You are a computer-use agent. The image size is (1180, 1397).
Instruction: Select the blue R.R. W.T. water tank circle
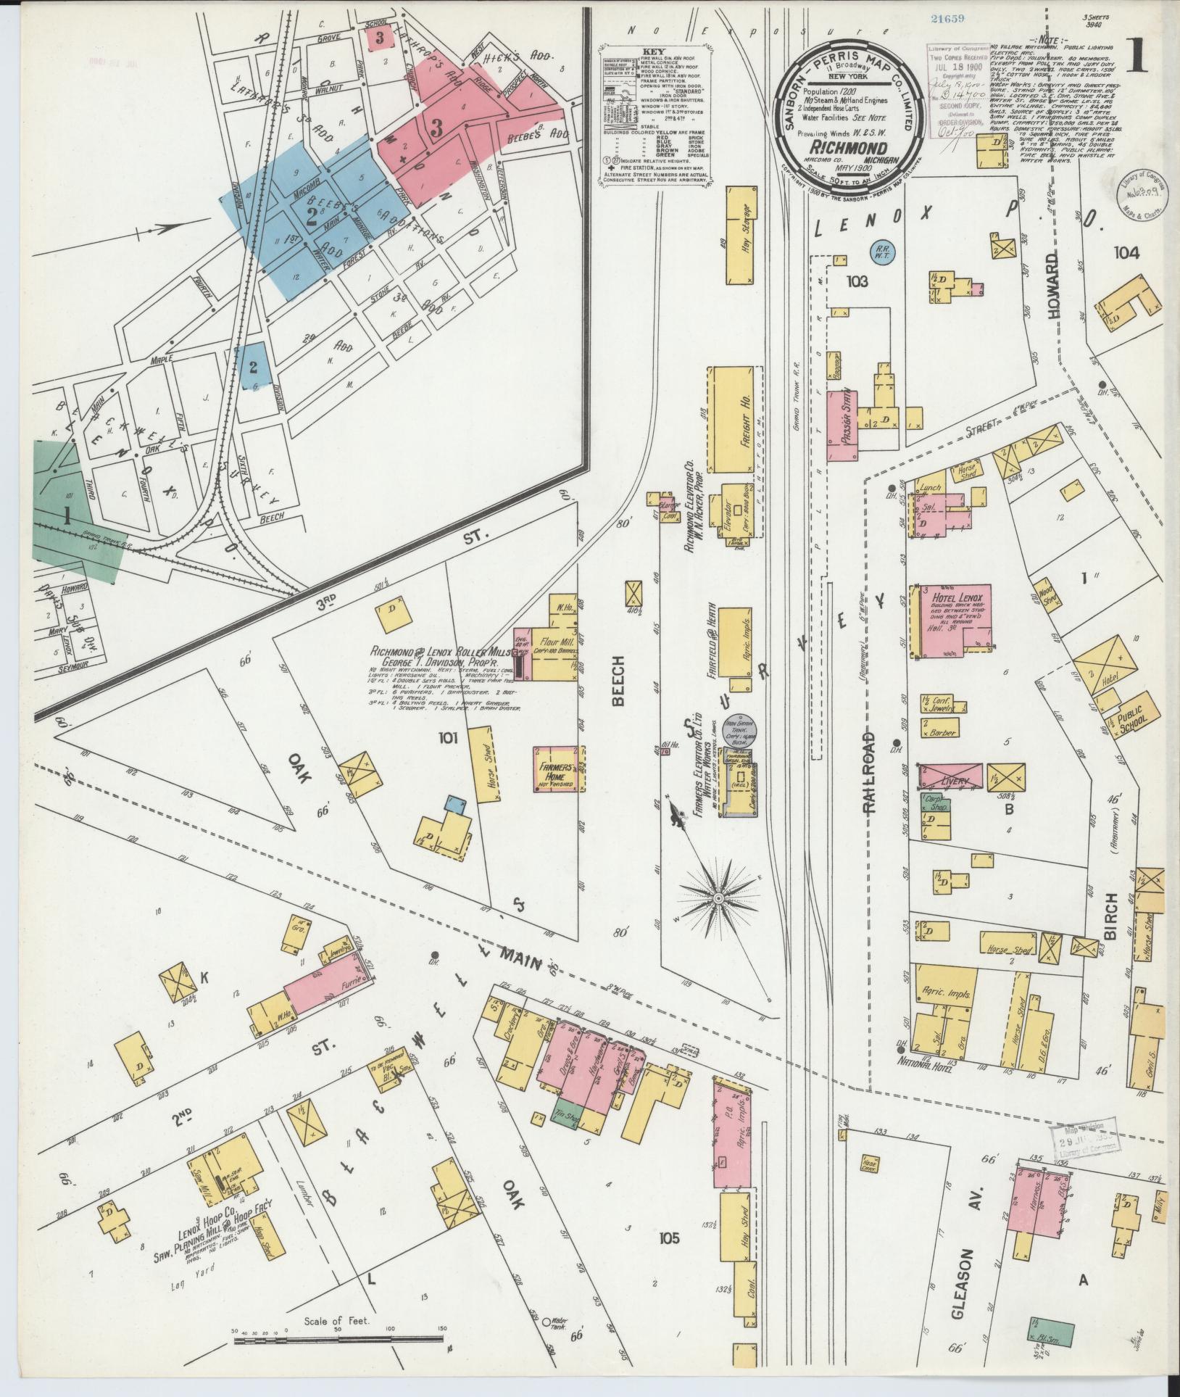tap(883, 251)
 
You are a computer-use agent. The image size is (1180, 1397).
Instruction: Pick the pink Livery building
tap(950, 776)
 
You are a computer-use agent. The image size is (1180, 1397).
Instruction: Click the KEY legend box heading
tap(653, 53)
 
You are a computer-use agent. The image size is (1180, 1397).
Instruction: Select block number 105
tap(669, 1238)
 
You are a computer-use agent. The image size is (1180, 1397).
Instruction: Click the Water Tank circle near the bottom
tap(547, 1321)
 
